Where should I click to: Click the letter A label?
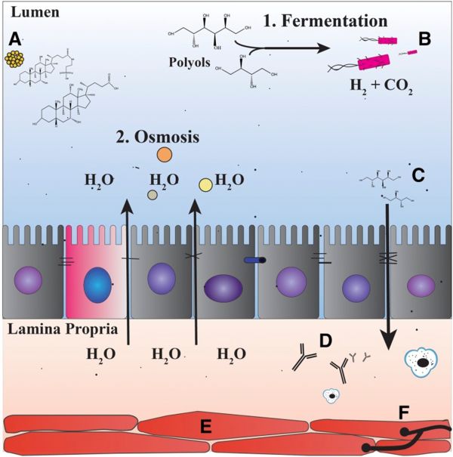coord(14,39)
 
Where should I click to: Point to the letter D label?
coord(326,341)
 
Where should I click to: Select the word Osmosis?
coord(146,138)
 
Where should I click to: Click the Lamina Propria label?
coord(48,329)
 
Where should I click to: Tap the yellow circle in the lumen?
coord(205,184)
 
